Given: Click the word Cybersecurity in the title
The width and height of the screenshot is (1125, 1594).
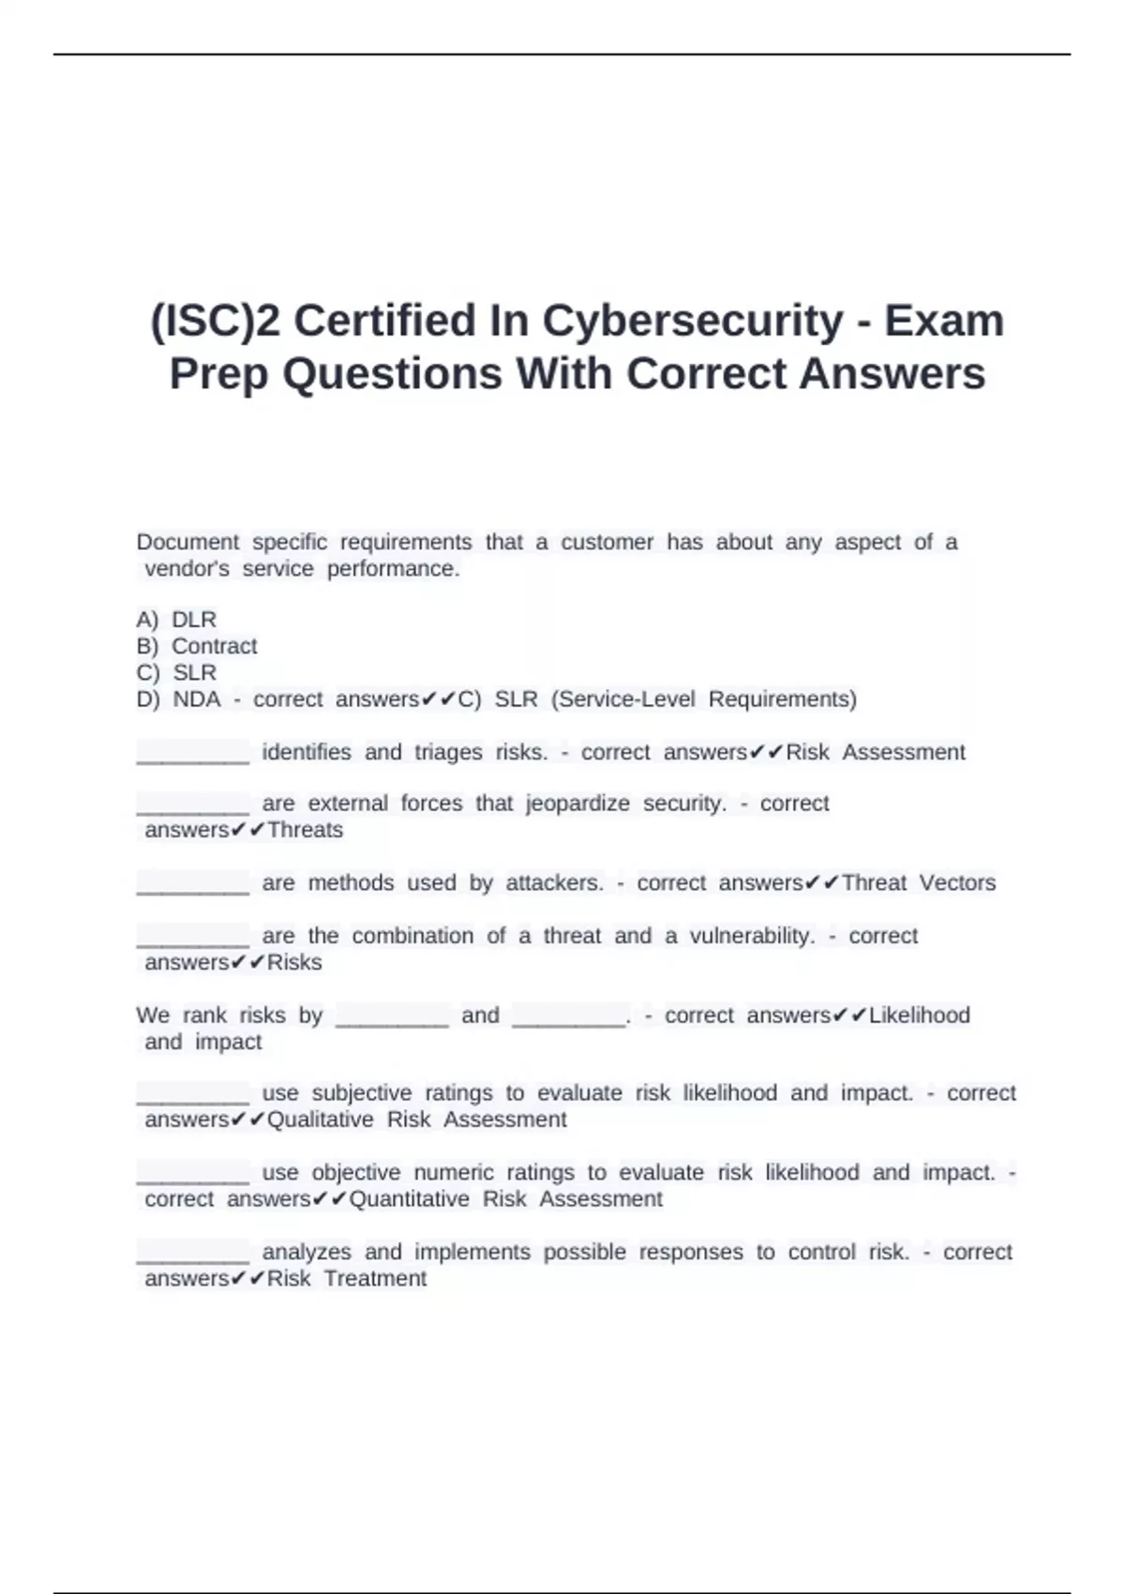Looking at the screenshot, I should pyautogui.click(x=693, y=322).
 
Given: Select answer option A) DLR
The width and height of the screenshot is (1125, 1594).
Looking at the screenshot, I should pyautogui.click(x=176, y=620).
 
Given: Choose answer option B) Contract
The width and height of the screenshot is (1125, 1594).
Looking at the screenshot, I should pyautogui.click(x=197, y=646).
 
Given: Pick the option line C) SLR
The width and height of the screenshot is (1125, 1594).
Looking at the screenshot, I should pyautogui.click(x=176, y=672).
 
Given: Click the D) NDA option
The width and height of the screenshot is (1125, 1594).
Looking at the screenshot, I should pyautogui.click(x=178, y=699).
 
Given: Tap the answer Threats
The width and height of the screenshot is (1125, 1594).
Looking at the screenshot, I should pyautogui.click(x=305, y=830).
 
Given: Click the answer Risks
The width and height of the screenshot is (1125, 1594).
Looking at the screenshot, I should pyautogui.click(x=294, y=962).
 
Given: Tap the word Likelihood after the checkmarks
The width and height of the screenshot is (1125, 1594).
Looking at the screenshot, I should pyautogui.click(x=919, y=1015).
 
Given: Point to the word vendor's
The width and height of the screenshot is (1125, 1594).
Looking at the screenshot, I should pyautogui.click(x=187, y=569).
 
